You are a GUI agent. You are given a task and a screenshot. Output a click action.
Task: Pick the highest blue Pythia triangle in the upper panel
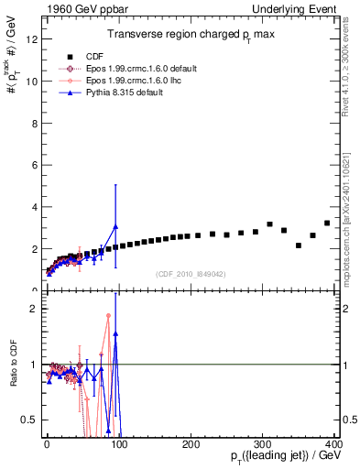[115, 226]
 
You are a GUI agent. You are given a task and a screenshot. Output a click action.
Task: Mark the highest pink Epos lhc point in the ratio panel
[108, 315]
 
